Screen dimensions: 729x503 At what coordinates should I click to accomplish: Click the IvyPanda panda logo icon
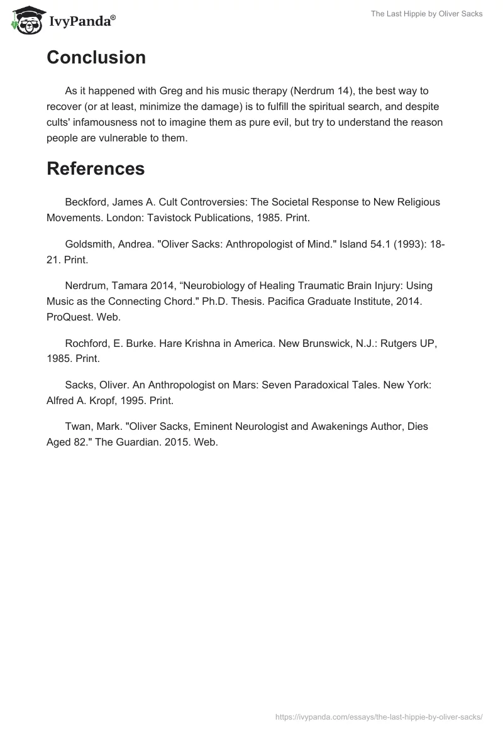[x=25, y=20]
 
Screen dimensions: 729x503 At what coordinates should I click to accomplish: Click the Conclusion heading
[x=96, y=58]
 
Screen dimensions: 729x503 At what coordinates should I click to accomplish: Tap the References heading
[x=96, y=168]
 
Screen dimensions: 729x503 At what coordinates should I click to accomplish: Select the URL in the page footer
[x=379, y=716]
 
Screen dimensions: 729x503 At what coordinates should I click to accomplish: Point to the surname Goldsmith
[x=88, y=244]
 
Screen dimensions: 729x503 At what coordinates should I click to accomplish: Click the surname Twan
[x=77, y=427]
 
